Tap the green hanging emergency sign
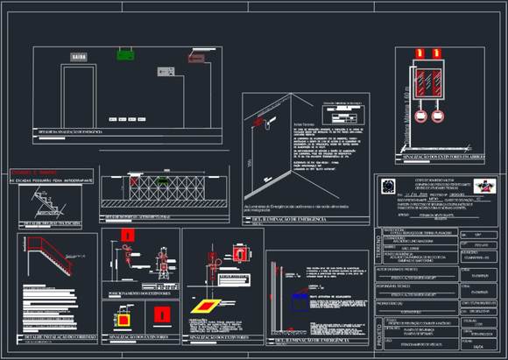[126, 54]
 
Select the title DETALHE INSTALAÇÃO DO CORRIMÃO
[58, 336]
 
